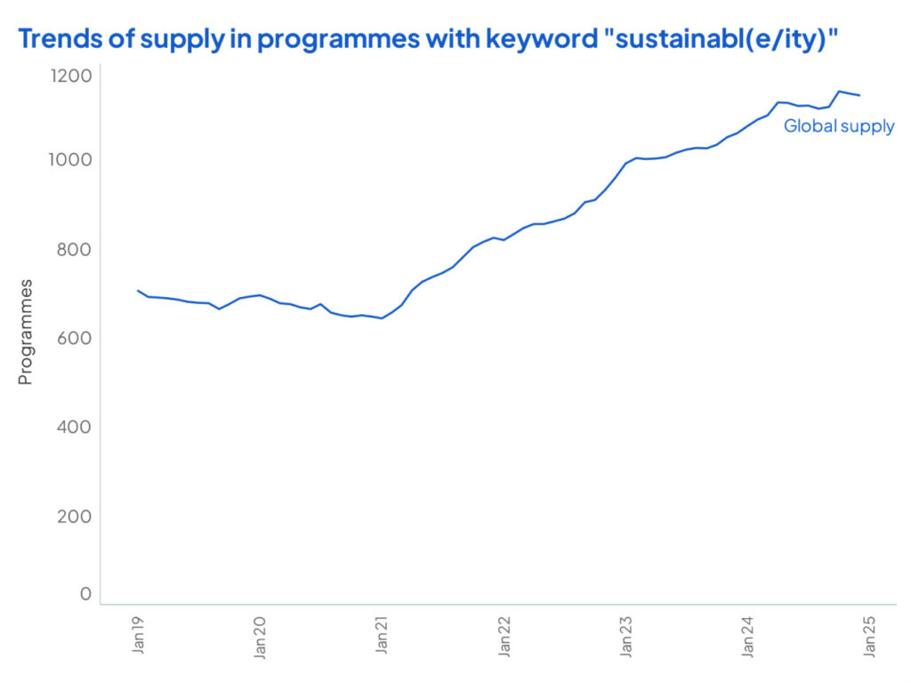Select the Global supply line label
pyautogui.click(x=838, y=126)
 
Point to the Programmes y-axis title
pyautogui.click(x=25, y=332)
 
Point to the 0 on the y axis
pyautogui.click(x=85, y=593)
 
